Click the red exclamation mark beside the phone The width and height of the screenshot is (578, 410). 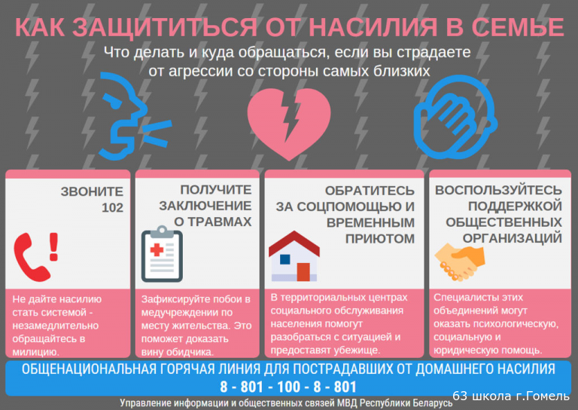pos(54,246)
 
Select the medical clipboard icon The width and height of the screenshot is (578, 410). pos(162,254)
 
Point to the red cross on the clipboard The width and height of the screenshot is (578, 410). pos(157,249)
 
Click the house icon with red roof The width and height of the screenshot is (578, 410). pos(294,256)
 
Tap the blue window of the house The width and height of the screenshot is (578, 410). pos(285,259)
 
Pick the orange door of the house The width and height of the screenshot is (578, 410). pos(303,272)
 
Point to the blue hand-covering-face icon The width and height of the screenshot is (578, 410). pos(455,118)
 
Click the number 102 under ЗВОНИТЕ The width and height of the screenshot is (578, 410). pos(112,208)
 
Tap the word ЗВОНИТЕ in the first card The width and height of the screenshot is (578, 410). pos(92,191)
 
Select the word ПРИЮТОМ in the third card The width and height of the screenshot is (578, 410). pos(380,239)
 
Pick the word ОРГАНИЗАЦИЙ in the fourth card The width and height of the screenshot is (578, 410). pos(513,238)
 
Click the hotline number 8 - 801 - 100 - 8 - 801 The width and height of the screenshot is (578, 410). pos(288,387)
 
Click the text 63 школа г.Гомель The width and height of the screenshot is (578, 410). pos(511,396)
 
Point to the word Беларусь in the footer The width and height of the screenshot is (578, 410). pos(432,403)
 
